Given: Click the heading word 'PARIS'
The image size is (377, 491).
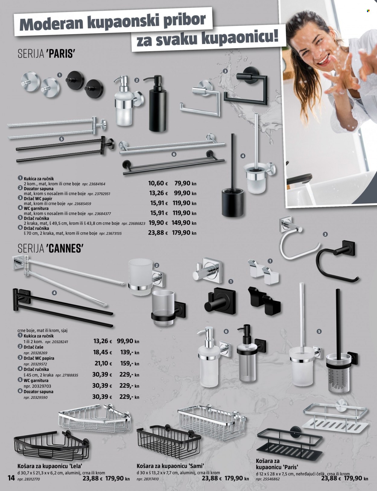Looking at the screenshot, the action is [61, 54].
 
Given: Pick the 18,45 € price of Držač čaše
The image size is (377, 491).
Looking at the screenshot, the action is [103, 352].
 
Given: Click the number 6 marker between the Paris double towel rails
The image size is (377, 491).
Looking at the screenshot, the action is [174, 154].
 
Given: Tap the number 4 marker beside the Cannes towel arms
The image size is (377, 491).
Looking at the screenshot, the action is [54, 293].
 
